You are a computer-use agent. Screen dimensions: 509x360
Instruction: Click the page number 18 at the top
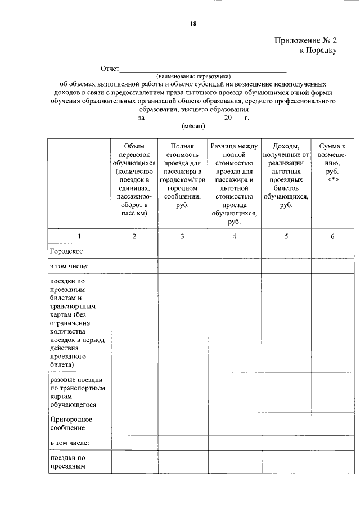pyautogui.click(x=193, y=23)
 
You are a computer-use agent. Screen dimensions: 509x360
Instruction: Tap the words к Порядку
pyautogui.click(x=318, y=50)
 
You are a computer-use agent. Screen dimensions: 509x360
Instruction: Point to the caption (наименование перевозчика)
pyautogui.click(x=193, y=76)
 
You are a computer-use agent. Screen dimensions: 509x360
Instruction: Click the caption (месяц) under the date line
pyautogui.click(x=193, y=126)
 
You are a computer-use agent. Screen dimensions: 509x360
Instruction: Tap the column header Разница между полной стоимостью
pyautogui.click(x=234, y=183)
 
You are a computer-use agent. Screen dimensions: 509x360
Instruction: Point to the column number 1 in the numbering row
pyautogui.click(x=79, y=236)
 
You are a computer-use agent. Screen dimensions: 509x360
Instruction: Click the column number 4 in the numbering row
pyautogui.click(x=234, y=236)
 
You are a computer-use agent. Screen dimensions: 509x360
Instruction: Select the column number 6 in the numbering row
pyautogui.click(x=332, y=236)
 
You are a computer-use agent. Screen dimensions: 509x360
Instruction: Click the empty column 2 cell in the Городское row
pyautogui.click(x=134, y=250)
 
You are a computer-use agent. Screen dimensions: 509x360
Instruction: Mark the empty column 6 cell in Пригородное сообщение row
pyautogui.click(x=332, y=423)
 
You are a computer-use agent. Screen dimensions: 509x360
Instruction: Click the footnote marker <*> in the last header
pyautogui.click(x=332, y=178)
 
